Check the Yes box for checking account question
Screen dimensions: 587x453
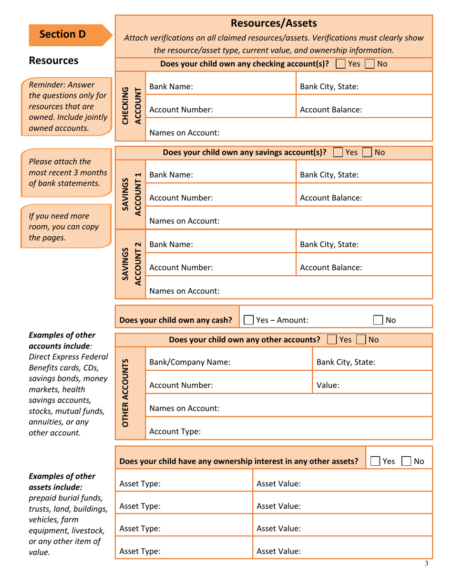point(341,64)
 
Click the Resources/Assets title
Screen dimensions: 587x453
point(274,23)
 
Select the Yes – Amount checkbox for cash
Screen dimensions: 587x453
point(248,320)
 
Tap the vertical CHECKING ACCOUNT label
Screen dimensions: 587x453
point(130,105)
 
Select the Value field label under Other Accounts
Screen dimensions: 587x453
point(328,385)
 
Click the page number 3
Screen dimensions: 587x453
point(426,564)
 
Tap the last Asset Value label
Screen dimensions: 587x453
point(278,551)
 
